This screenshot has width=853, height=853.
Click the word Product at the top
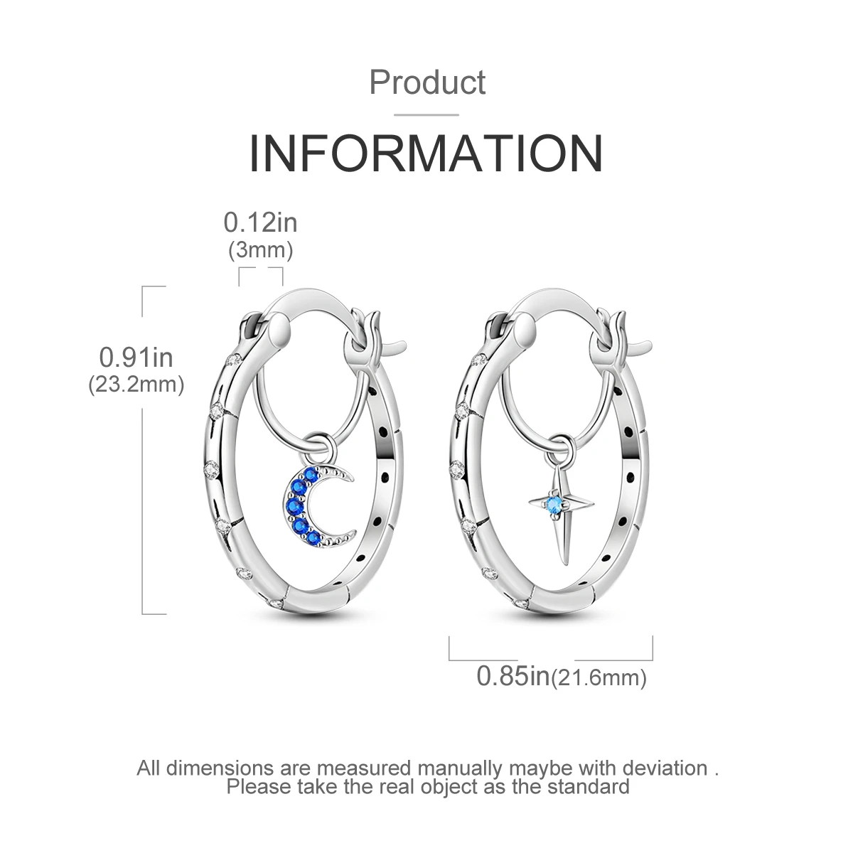pos(427,82)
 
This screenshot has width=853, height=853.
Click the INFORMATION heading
pos(426,152)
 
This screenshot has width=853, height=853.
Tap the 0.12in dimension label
pos(260,222)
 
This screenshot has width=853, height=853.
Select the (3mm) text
pos(260,250)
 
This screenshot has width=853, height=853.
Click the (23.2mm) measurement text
pos(136,385)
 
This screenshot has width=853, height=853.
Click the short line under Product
pos(426,114)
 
